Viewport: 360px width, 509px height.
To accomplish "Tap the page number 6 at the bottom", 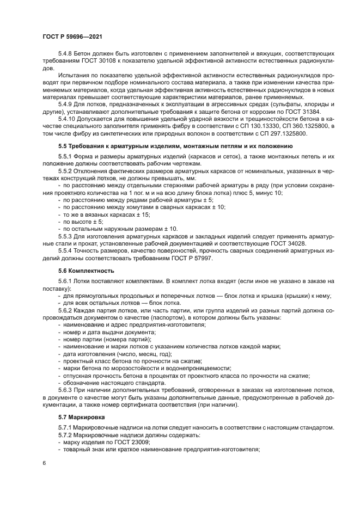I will (44, 463).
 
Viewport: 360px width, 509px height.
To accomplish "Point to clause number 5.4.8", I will (66, 54).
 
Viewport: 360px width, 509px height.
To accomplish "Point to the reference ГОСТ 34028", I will (290, 243).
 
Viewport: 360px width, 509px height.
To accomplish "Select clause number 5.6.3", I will (66, 390).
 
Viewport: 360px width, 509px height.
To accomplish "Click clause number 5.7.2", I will (66, 434).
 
